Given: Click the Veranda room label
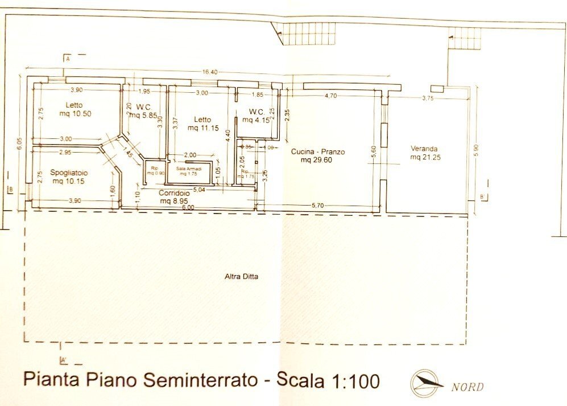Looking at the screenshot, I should (x=424, y=149).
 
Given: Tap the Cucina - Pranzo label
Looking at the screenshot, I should (x=318, y=152).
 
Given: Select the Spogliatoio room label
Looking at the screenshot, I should (x=68, y=172).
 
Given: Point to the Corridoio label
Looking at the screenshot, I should (x=174, y=193).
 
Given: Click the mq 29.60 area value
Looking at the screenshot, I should (x=319, y=161).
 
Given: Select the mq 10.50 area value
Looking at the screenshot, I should (x=75, y=114).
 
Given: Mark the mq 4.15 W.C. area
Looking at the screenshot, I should (x=255, y=120).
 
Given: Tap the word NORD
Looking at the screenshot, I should (x=467, y=387).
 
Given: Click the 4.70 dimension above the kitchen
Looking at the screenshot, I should (x=330, y=96).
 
